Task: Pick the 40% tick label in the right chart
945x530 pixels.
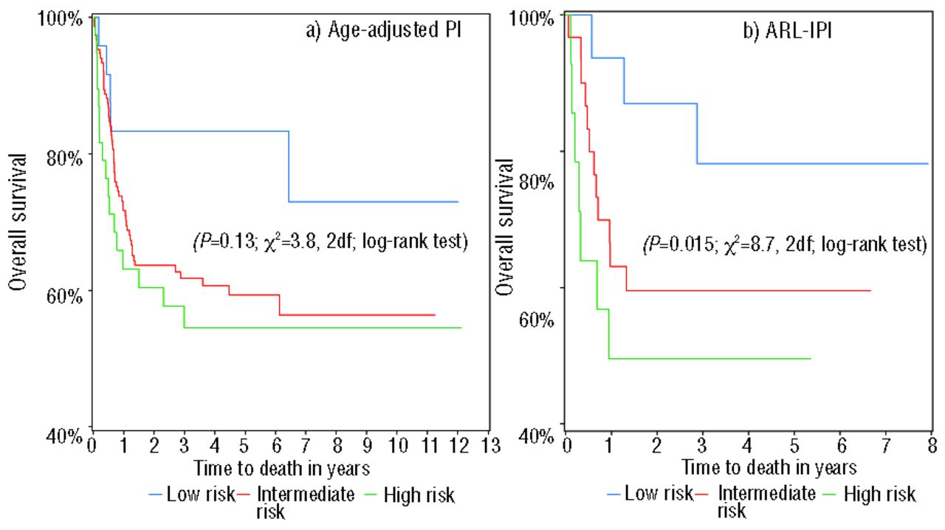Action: click(x=535, y=435)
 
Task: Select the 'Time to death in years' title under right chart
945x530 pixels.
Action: click(x=769, y=467)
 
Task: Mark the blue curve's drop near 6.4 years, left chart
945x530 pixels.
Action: click(x=289, y=166)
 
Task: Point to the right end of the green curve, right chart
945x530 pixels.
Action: click(x=811, y=358)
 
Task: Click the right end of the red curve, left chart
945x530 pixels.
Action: click(x=435, y=315)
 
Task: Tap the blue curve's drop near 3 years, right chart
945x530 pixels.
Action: click(x=697, y=134)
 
